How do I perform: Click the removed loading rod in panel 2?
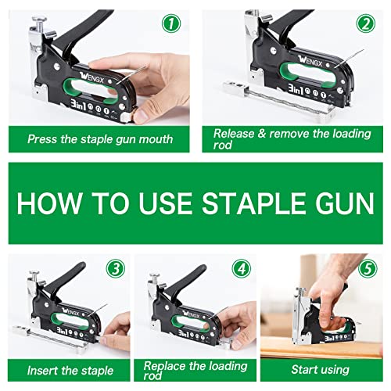pos(297,109)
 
